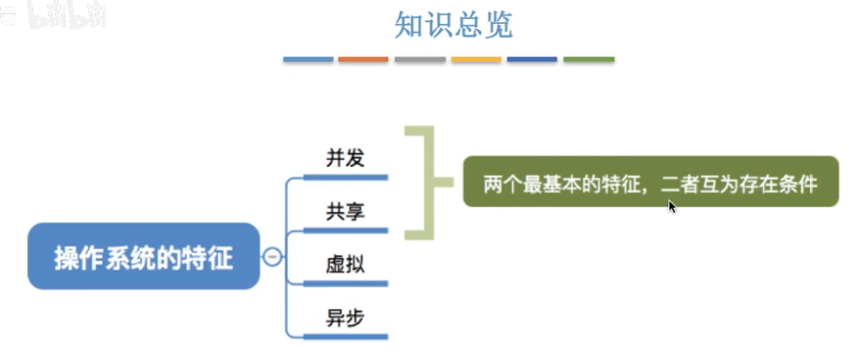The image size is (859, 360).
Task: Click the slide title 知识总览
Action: pos(454,25)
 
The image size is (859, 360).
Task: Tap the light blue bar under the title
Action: pos(308,60)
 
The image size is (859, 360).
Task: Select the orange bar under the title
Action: pos(363,60)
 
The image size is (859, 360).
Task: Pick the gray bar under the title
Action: pos(420,60)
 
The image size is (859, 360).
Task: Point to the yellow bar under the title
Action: pos(476,60)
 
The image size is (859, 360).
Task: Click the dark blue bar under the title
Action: pos(532,60)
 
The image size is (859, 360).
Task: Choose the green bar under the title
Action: pos(589,60)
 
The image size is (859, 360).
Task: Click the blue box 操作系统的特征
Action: pos(144,257)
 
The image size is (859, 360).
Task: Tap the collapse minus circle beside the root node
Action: pos(272,257)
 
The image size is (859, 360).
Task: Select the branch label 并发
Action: pos(344,159)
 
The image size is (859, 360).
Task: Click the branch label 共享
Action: pos(344,212)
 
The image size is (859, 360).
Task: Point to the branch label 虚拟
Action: pos(344,265)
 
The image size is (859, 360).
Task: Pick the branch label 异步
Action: pos(344,318)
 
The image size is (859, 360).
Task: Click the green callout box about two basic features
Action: pos(650,182)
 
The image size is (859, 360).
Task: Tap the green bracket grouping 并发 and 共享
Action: pos(427,182)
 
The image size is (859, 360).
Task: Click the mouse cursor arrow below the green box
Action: pos(672,206)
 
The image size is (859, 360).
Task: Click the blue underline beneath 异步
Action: pos(345,335)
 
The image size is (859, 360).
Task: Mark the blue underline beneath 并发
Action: pos(345,176)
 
